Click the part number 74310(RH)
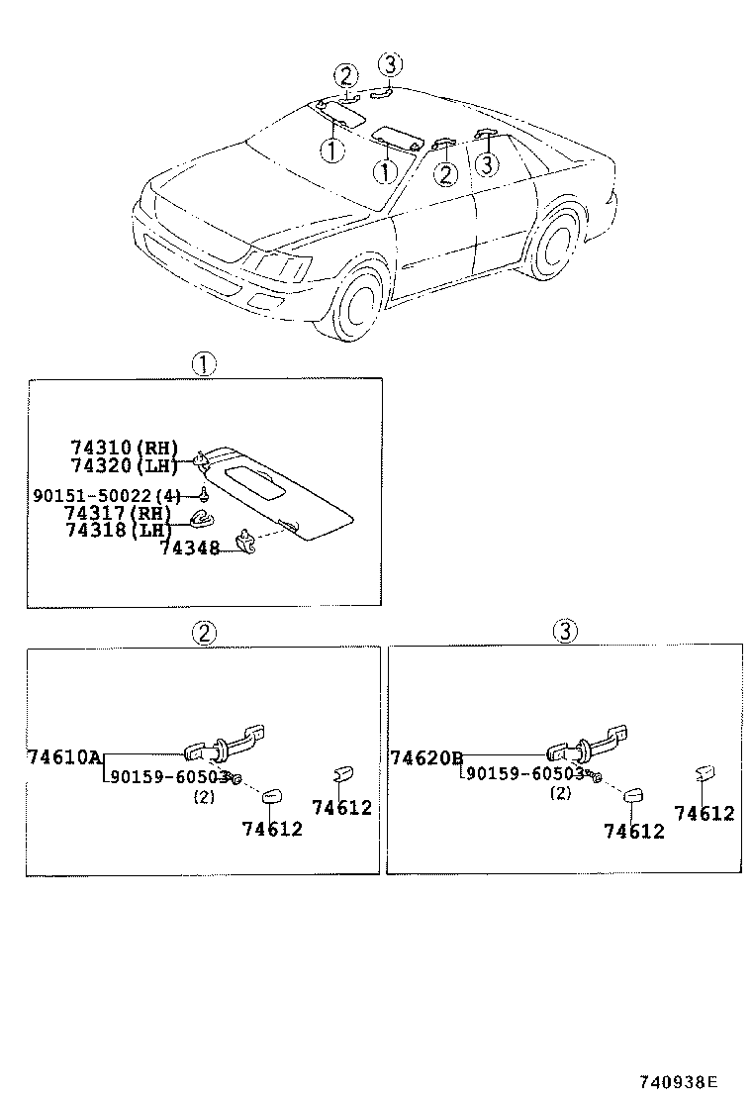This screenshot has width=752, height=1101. point(124,448)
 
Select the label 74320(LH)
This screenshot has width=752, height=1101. point(124,464)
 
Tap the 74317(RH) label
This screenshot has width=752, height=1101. point(118,513)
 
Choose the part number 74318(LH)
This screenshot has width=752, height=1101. point(118,530)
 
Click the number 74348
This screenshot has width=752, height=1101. point(189,547)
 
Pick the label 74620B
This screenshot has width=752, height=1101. point(426,758)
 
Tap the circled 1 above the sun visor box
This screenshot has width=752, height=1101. point(203,364)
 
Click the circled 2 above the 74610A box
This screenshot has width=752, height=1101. point(203,633)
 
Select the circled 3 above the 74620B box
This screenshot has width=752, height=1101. point(563,631)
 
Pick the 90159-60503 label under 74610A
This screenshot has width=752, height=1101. point(169,777)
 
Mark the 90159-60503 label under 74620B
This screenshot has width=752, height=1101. point(524,774)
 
